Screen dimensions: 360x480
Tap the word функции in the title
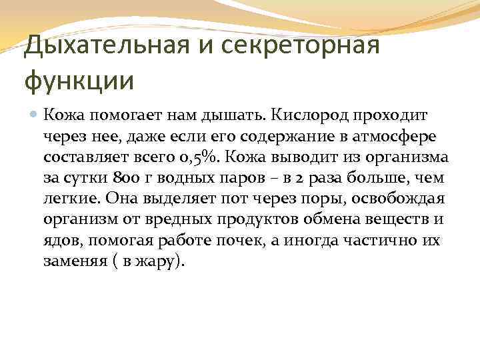point(79,81)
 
